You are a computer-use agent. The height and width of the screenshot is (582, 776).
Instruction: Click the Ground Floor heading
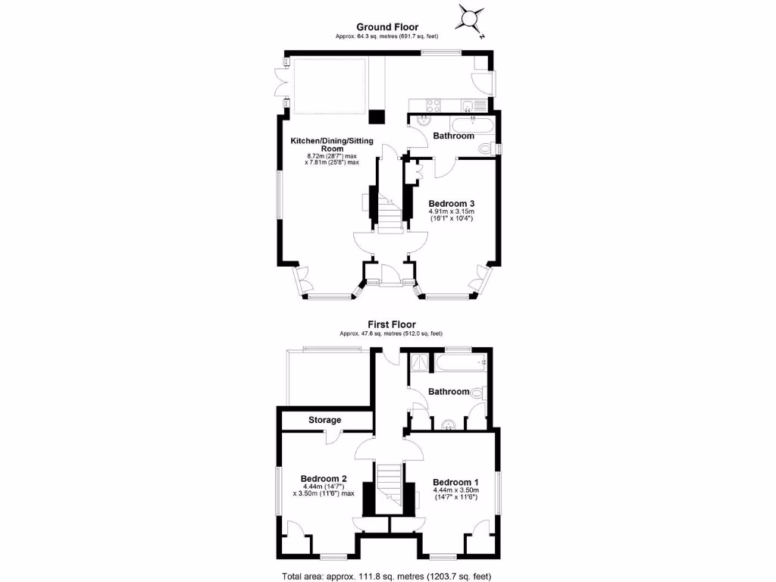387,27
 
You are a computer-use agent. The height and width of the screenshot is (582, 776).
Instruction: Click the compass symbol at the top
470,18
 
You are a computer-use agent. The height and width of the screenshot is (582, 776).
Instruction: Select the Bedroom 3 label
452,203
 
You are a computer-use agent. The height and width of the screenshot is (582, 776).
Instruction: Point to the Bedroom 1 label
455,482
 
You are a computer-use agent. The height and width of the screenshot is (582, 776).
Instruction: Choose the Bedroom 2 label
324,478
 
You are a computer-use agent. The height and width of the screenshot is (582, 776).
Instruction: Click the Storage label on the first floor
324,420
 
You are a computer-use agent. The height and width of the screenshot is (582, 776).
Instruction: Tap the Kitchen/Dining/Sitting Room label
331,145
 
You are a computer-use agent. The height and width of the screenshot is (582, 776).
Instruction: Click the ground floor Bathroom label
453,136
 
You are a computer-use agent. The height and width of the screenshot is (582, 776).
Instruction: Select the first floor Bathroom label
449,392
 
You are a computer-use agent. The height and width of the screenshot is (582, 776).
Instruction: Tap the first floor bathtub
458,365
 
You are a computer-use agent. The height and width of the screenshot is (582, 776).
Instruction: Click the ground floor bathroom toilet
494,149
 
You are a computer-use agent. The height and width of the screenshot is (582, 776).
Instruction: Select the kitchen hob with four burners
434,105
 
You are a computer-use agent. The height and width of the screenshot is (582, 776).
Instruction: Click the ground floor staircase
388,212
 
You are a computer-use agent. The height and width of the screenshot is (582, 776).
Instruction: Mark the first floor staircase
389,486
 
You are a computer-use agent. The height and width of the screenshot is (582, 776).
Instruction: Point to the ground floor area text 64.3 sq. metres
387,36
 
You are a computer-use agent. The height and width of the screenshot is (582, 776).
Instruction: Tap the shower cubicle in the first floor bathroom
418,365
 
